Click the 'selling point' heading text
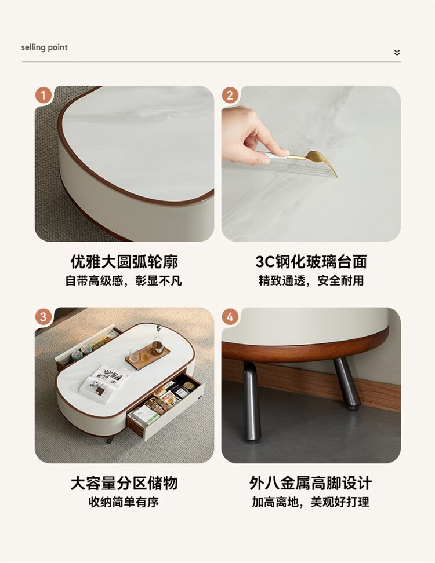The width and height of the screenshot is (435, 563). point(44,47)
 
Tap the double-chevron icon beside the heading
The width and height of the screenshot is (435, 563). point(397,53)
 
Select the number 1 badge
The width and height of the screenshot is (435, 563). point(43,95)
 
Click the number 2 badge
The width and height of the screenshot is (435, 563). point(230,95)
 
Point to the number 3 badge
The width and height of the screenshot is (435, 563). point(43,317)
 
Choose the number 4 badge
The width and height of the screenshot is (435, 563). point(230,317)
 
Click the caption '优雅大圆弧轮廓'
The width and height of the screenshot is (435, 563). point(124,262)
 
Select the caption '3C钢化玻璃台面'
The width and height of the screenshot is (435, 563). point(311,262)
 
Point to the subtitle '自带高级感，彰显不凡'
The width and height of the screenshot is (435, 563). point(124,280)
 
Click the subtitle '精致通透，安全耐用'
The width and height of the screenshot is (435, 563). point(311,280)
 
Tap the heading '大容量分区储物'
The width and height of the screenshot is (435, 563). point(124,483)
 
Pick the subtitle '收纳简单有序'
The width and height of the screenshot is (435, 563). point(124,502)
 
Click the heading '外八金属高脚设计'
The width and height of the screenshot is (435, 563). point(311,483)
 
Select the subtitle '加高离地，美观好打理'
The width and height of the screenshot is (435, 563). point(311,502)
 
